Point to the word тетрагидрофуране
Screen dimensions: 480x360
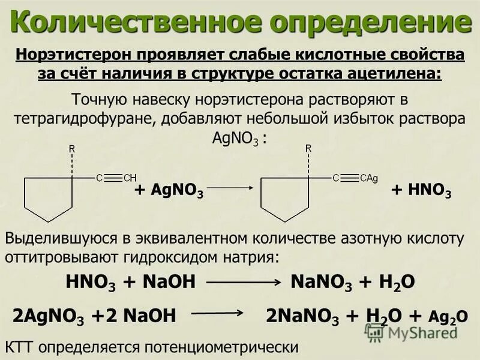[x=84, y=118]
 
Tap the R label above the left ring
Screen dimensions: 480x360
[x=72, y=148]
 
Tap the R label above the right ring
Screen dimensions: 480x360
[x=308, y=148]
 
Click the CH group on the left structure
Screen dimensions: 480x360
[x=130, y=178]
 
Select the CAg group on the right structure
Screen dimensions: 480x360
[x=368, y=178]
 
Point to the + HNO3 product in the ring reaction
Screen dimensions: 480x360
[x=421, y=191]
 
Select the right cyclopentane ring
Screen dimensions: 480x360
[x=284, y=198]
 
